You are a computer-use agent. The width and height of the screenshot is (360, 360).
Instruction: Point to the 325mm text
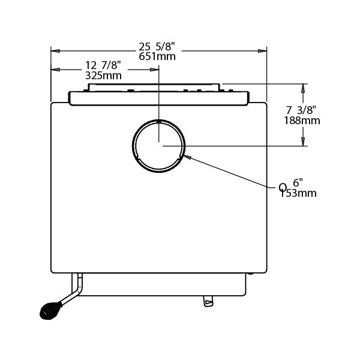[x=103, y=76]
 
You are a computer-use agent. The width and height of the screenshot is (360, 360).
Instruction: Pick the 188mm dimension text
[x=302, y=120]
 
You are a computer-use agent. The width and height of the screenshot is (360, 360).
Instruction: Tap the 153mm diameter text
[x=298, y=193]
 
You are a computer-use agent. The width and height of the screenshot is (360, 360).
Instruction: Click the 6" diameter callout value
[x=298, y=182]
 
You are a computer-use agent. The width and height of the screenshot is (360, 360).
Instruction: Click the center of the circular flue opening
[x=158, y=145]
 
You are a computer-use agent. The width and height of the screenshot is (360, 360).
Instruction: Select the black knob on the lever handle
[x=48, y=310]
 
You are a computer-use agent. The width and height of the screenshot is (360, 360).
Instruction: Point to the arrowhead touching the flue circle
[x=186, y=157]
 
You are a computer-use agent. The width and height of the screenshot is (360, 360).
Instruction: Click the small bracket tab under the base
[x=208, y=301]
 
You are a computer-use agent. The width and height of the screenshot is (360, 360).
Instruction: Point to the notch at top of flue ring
[x=158, y=121]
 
